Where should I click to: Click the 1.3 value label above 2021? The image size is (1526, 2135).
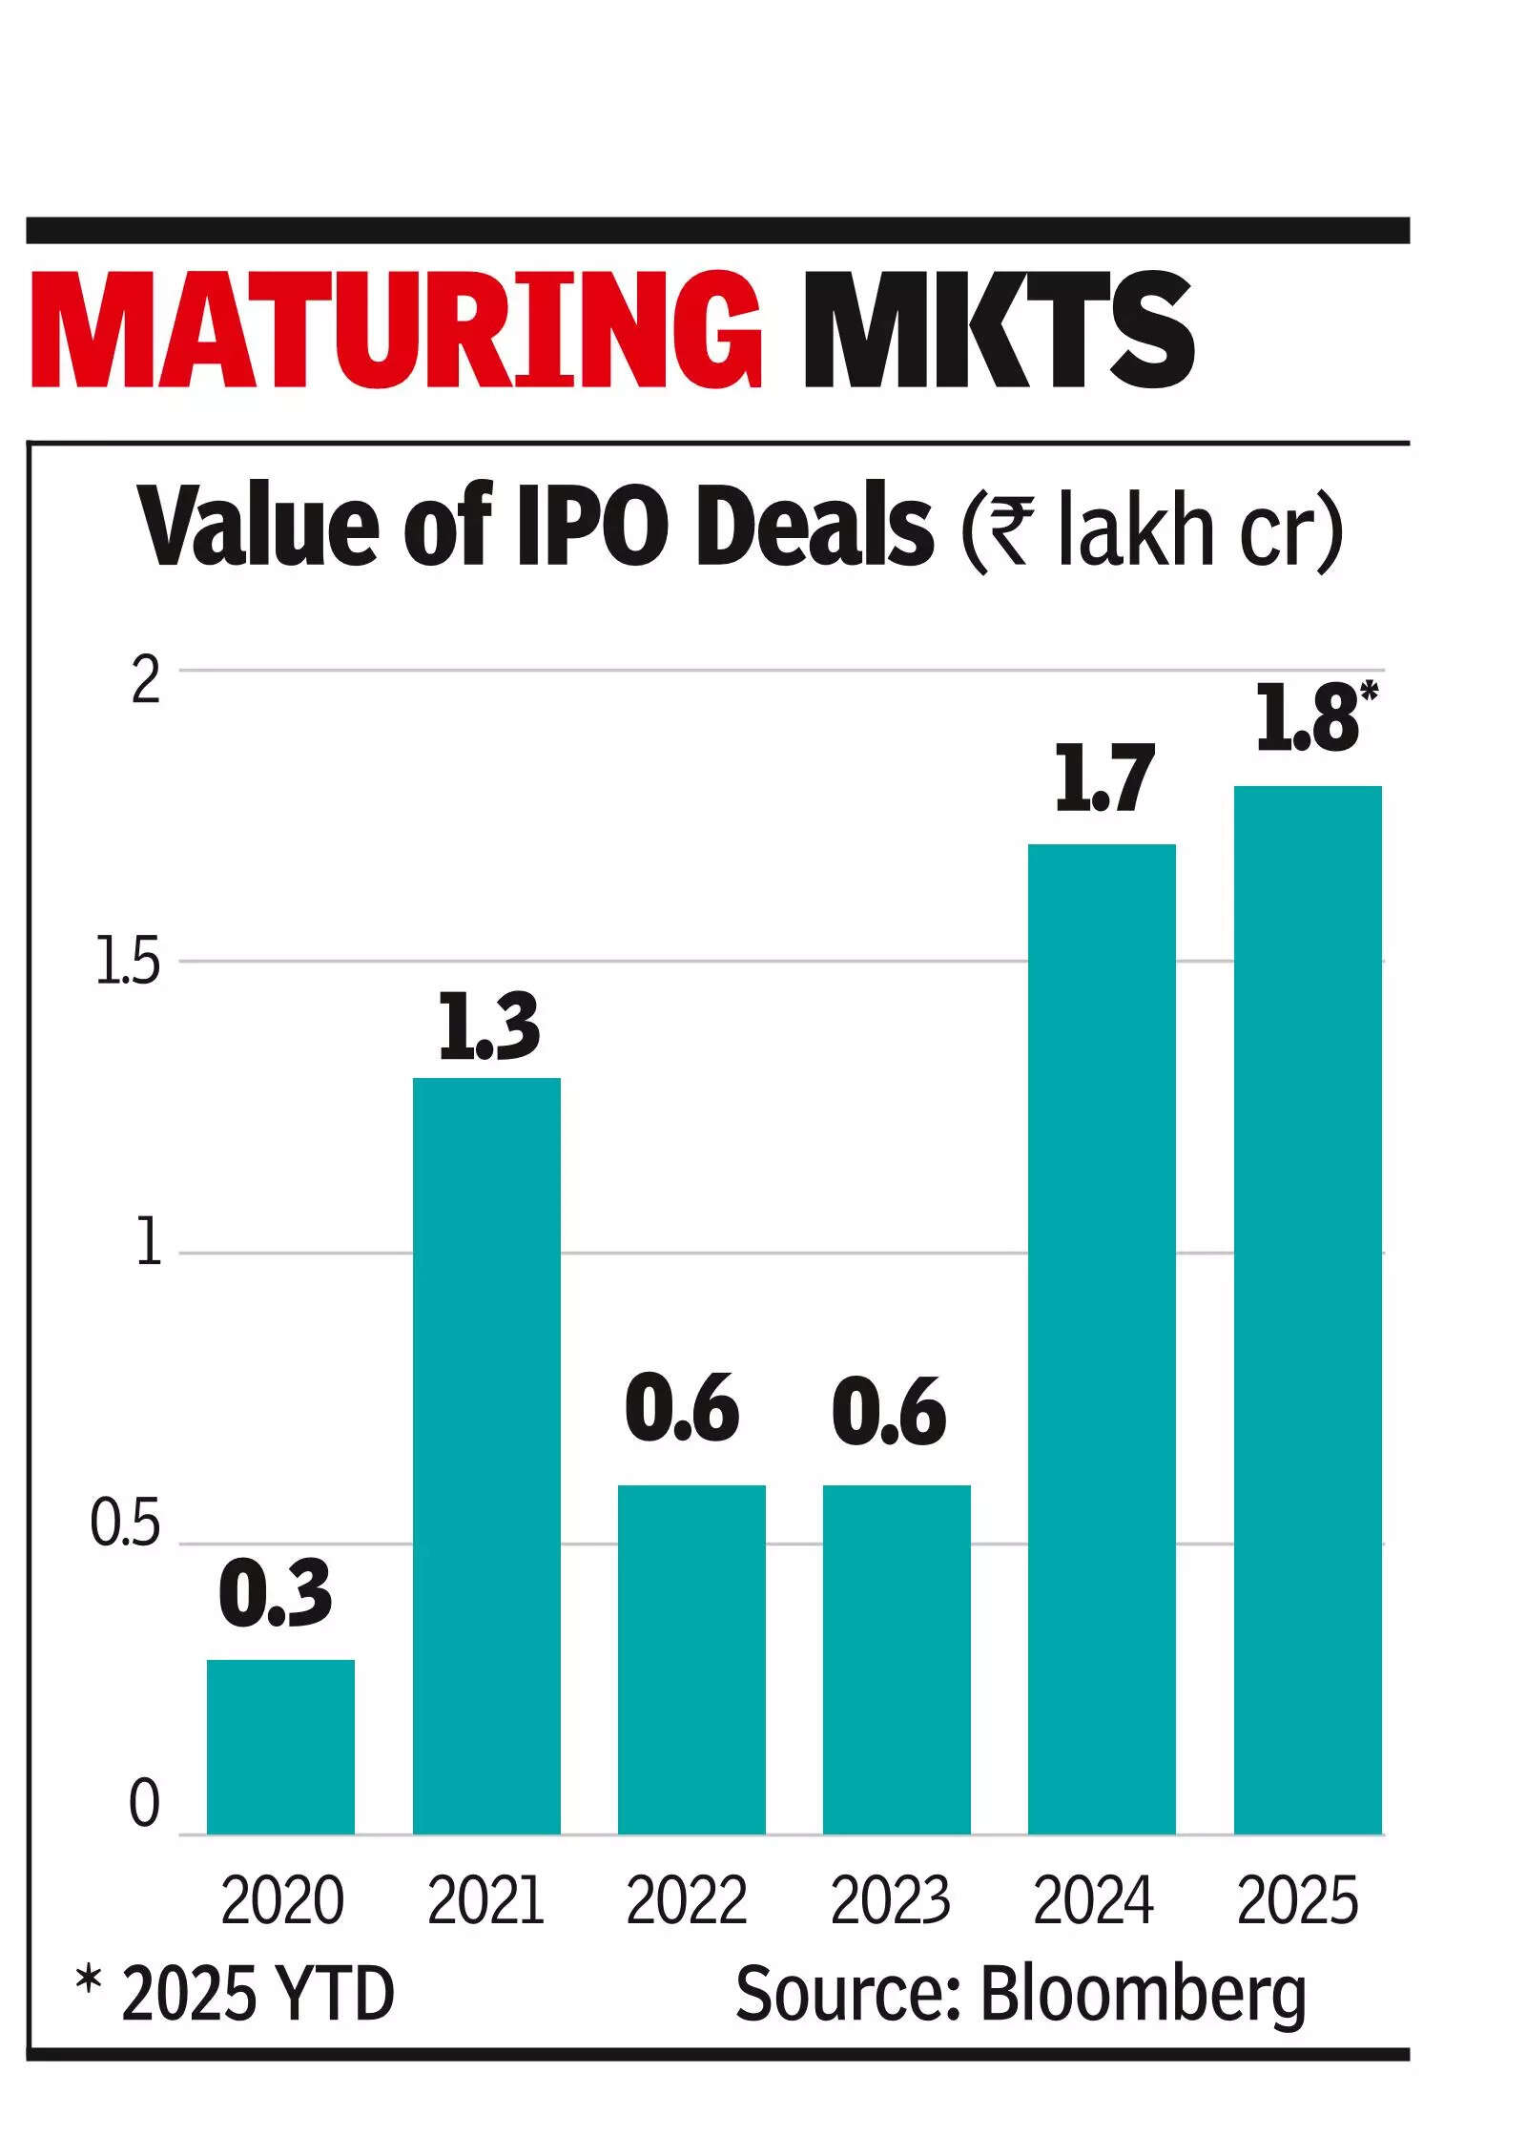(489, 1028)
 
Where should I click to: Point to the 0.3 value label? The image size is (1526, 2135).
(276, 1594)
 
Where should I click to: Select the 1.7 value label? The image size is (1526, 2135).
(1104, 779)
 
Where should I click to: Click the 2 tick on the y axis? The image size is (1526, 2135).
(146, 682)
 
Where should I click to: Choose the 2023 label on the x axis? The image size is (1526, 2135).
(890, 1900)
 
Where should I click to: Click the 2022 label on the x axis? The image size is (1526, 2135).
(687, 1900)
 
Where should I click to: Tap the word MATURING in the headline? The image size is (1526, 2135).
(396, 331)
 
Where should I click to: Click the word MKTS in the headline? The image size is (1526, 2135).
(998, 331)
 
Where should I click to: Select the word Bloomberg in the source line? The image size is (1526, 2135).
(1144, 1996)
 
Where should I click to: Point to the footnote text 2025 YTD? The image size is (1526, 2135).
(258, 1996)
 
